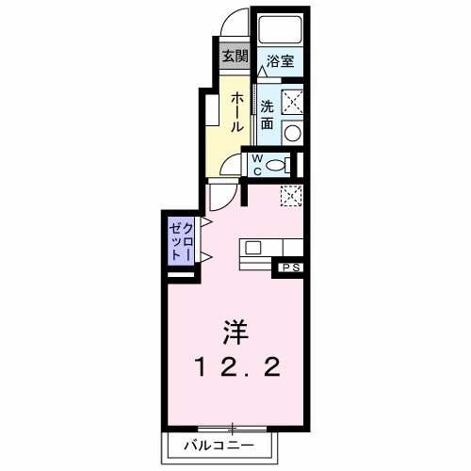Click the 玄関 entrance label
[x=235, y=56]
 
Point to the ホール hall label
[x=236, y=112]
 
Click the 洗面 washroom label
[x=268, y=113]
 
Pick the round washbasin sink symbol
[x=292, y=133]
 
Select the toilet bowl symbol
[x=278, y=165]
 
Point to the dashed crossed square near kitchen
[x=291, y=196]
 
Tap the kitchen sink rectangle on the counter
[x=253, y=248]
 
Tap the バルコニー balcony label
[x=226, y=443]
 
